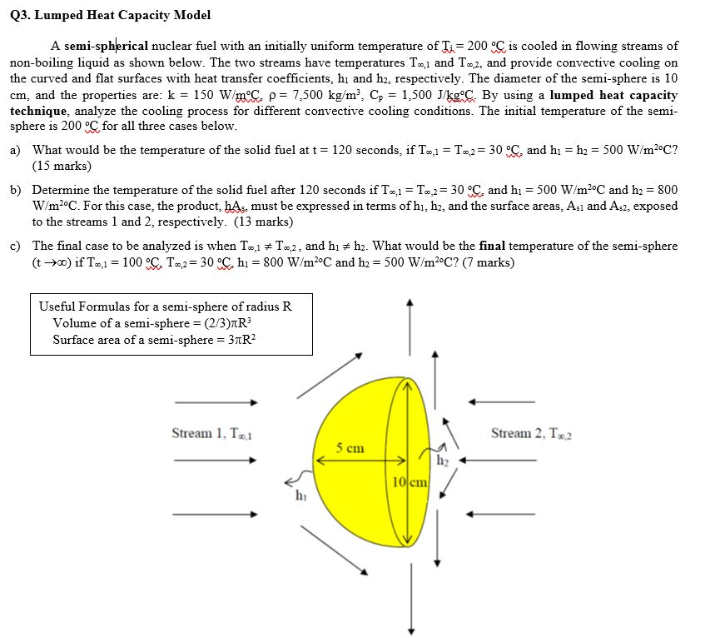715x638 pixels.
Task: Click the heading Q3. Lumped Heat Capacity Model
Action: point(111,15)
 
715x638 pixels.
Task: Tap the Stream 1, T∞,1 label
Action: point(211,433)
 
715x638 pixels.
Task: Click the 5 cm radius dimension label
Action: point(350,448)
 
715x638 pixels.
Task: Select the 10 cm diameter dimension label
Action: point(409,482)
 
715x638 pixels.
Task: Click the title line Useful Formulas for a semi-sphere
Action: point(166,306)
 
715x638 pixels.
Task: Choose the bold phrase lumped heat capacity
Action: point(613,95)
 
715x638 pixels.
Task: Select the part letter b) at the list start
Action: point(16,190)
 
